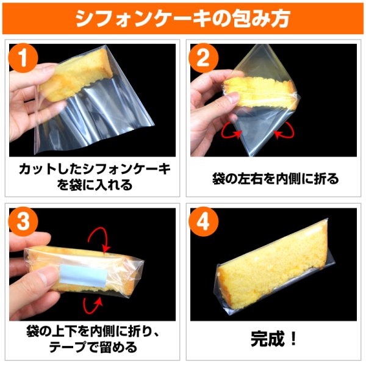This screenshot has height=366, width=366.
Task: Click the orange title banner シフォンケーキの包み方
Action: tap(183, 18)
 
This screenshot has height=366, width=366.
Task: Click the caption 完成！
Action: tap(274, 339)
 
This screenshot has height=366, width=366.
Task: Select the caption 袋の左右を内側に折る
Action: tap(274, 179)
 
